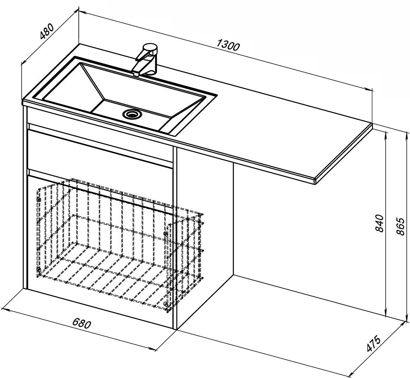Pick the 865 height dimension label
coord(401,227)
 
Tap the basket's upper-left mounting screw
coord(39,199)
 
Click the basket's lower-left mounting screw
coord(39,269)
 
